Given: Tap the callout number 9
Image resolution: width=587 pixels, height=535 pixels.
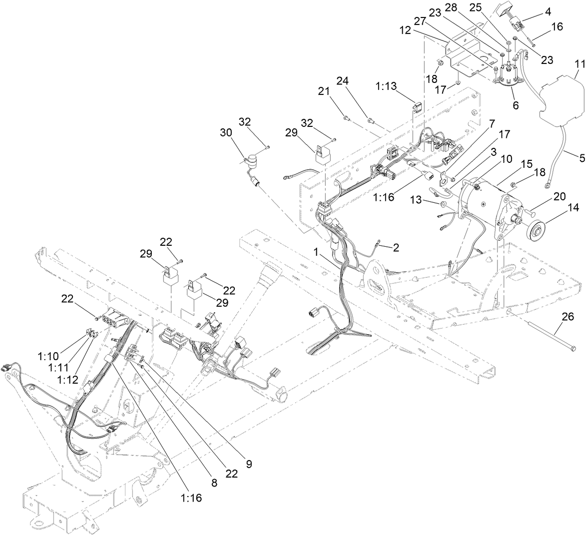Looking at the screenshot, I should (248, 464).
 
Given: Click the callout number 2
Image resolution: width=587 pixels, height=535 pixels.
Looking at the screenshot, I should (395, 247).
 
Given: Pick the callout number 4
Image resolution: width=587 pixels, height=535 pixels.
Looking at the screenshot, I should (548, 9).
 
